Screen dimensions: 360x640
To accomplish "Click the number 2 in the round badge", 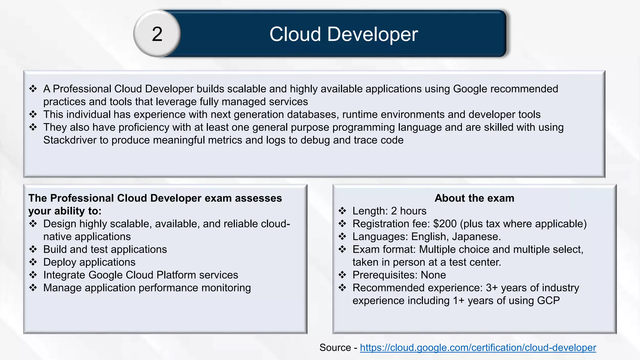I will [x=157, y=34].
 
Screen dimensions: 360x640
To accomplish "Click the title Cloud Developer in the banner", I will [x=343, y=34].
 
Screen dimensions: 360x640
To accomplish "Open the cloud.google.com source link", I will [x=478, y=347].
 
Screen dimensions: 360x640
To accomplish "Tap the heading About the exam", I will [x=474, y=198].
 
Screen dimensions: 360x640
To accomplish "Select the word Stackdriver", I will [x=70, y=140].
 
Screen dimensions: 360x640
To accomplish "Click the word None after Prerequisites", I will [x=433, y=275].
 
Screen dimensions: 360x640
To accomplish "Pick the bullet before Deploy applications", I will [x=33, y=262].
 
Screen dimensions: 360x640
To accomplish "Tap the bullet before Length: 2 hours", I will [x=342, y=211].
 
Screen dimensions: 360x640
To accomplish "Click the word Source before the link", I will [x=335, y=347].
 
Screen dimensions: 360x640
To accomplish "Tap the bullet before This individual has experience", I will [x=33, y=114].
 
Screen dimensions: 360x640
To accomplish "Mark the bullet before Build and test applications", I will [x=33, y=249].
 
